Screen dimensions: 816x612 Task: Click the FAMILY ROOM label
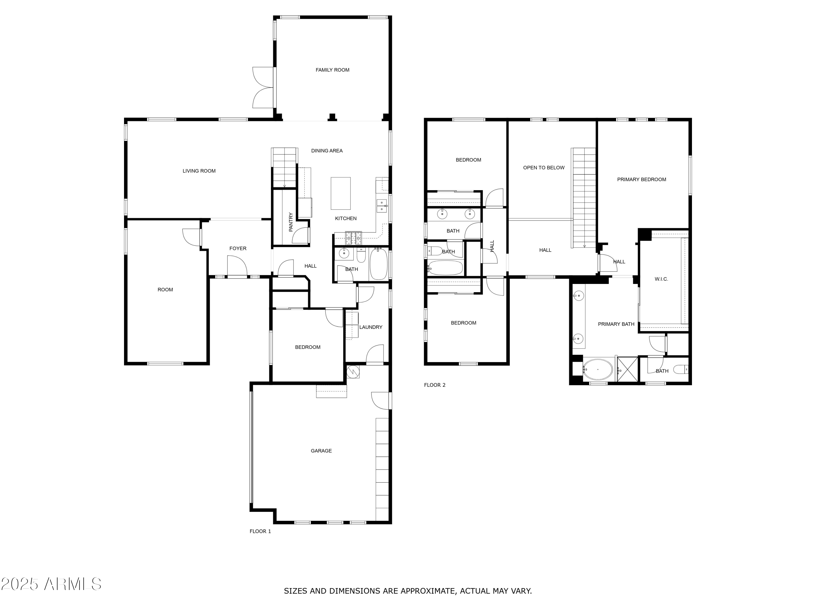(x=332, y=70)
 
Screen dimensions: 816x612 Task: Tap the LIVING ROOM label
(x=199, y=171)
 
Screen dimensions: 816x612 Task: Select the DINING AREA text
(x=327, y=150)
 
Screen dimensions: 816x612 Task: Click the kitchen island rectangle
(x=341, y=193)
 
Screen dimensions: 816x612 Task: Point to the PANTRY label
(x=291, y=222)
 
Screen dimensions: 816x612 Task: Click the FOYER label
(x=238, y=248)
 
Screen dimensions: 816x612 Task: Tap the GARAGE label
(x=321, y=451)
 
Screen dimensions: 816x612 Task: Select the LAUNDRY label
(x=371, y=327)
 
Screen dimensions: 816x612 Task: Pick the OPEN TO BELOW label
(x=544, y=168)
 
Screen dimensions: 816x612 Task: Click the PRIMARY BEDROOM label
(x=641, y=179)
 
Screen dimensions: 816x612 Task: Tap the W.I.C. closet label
(x=662, y=279)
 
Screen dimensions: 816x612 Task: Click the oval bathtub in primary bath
(x=598, y=369)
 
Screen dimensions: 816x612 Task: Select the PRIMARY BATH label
(x=616, y=324)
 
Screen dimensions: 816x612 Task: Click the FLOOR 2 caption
(x=435, y=385)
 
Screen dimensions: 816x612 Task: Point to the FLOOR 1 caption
(x=260, y=531)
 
